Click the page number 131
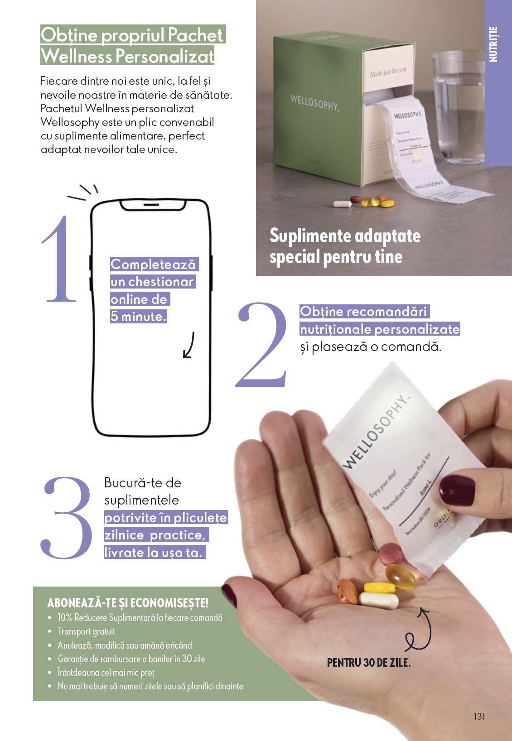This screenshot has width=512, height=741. (x=479, y=716)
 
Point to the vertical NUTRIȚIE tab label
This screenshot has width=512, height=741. (x=493, y=44)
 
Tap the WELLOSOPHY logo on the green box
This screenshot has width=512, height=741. (x=314, y=102)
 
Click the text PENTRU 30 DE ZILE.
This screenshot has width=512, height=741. (x=369, y=663)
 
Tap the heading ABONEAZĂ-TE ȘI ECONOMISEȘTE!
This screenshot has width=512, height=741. (x=128, y=603)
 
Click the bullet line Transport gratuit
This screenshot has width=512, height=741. (x=86, y=631)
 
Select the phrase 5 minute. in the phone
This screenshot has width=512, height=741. (x=139, y=317)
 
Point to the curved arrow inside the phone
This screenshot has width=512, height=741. (x=189, y=345)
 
